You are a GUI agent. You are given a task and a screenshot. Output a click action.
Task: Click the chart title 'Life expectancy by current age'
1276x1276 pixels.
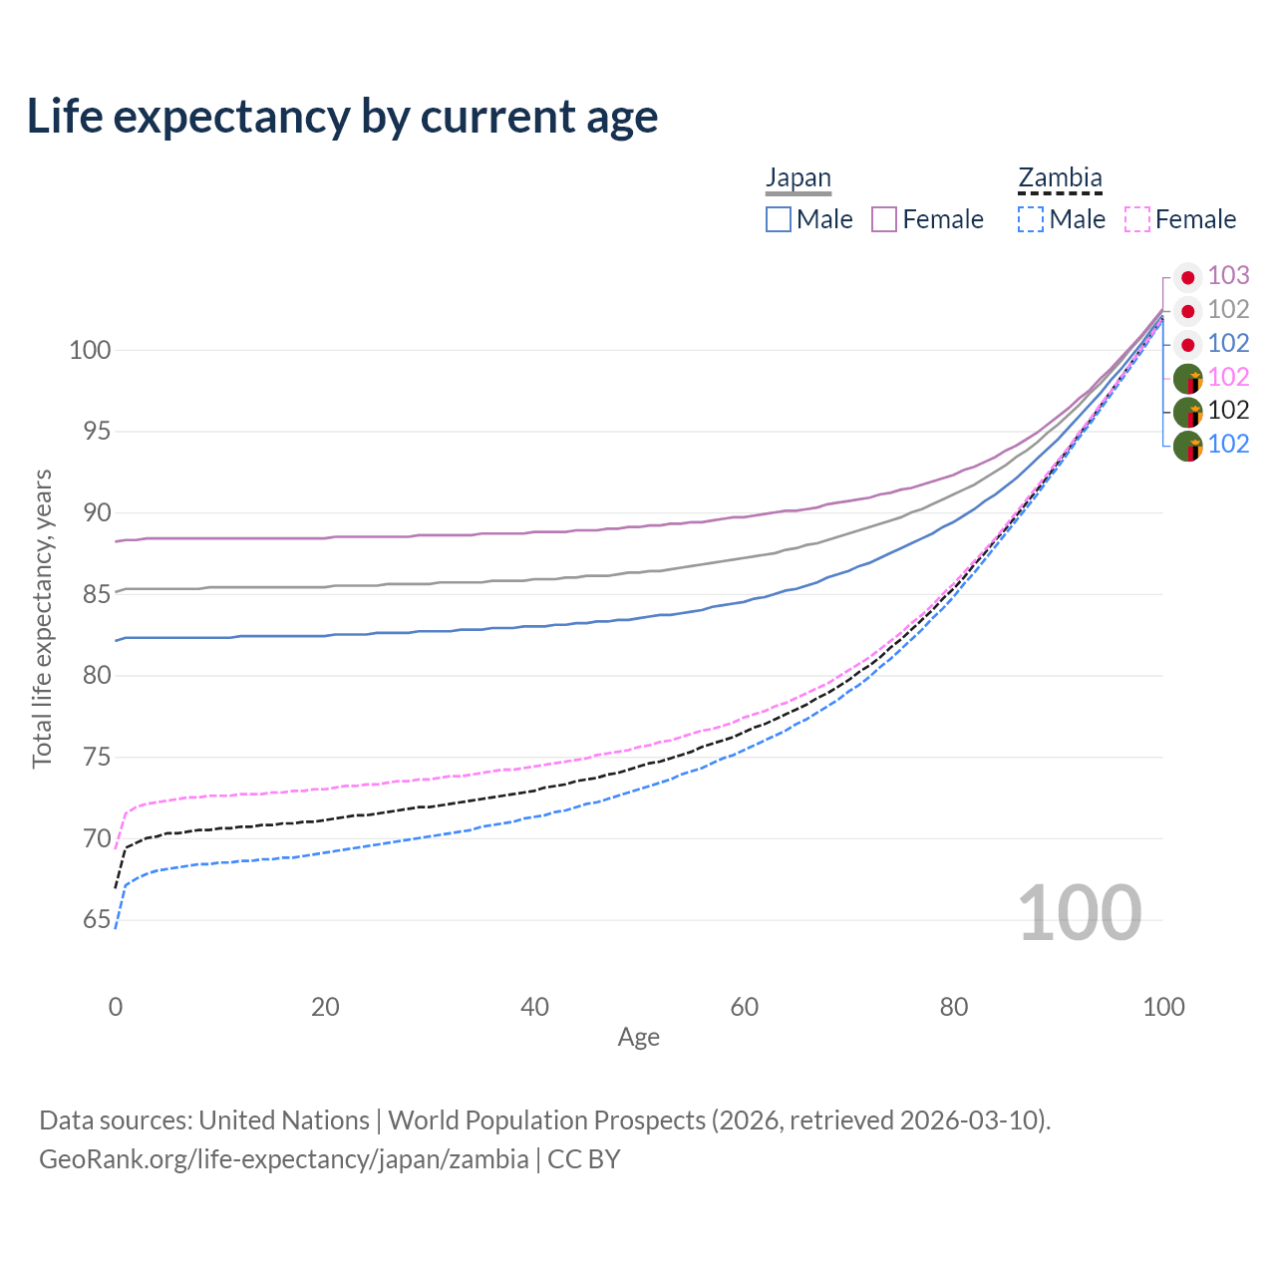coord(342,117)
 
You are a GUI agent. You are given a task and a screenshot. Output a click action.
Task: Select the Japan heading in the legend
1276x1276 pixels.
coord(797,178)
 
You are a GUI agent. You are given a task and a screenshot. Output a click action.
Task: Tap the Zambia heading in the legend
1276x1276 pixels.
coord(1060,178)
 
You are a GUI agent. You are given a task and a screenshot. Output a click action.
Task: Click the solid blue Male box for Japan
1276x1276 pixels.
coord(779,219)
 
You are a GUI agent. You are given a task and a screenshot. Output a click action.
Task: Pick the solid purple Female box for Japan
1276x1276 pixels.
coord(884,219)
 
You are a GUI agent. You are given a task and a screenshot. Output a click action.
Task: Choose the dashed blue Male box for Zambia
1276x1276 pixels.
coord(1031,219)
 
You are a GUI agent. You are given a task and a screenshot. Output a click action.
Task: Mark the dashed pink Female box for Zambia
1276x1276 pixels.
coord(1137,219)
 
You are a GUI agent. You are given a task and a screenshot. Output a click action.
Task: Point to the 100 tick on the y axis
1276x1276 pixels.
coord(89,351)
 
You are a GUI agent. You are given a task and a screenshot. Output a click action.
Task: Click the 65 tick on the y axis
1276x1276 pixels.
coord(96,920)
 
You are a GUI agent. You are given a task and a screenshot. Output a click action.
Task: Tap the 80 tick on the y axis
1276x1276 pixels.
coord(96,676)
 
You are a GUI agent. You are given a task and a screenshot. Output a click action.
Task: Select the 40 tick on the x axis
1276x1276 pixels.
coord(534,1007)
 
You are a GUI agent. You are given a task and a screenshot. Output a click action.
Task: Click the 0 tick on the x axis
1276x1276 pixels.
coord(116,1007)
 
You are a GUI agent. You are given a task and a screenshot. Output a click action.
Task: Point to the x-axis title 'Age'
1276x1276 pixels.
coord(638,1038)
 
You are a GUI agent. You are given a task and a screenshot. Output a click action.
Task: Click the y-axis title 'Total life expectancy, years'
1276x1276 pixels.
coord(42,618)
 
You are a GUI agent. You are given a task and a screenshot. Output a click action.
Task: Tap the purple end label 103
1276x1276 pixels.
coord(1228,276)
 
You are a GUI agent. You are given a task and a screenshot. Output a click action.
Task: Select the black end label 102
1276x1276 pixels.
coord(1228,410)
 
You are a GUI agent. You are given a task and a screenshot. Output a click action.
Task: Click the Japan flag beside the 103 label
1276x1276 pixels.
coord(1187,277)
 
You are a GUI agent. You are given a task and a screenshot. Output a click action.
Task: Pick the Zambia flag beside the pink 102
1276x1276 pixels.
coord(1187,379)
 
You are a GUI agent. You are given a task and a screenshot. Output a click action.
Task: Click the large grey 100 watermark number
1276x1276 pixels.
coord(1080,913)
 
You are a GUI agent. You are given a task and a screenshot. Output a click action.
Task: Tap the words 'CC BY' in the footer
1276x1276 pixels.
coord(584,1159)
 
